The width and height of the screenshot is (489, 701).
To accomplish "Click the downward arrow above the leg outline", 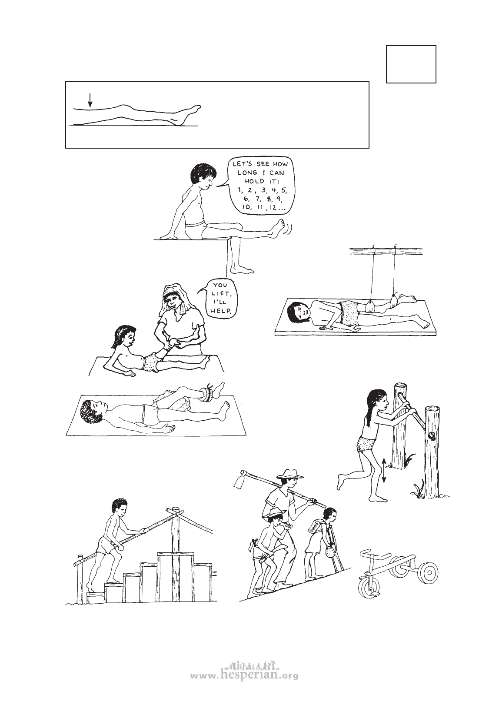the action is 90,100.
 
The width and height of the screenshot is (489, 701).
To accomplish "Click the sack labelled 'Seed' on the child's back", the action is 314,527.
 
